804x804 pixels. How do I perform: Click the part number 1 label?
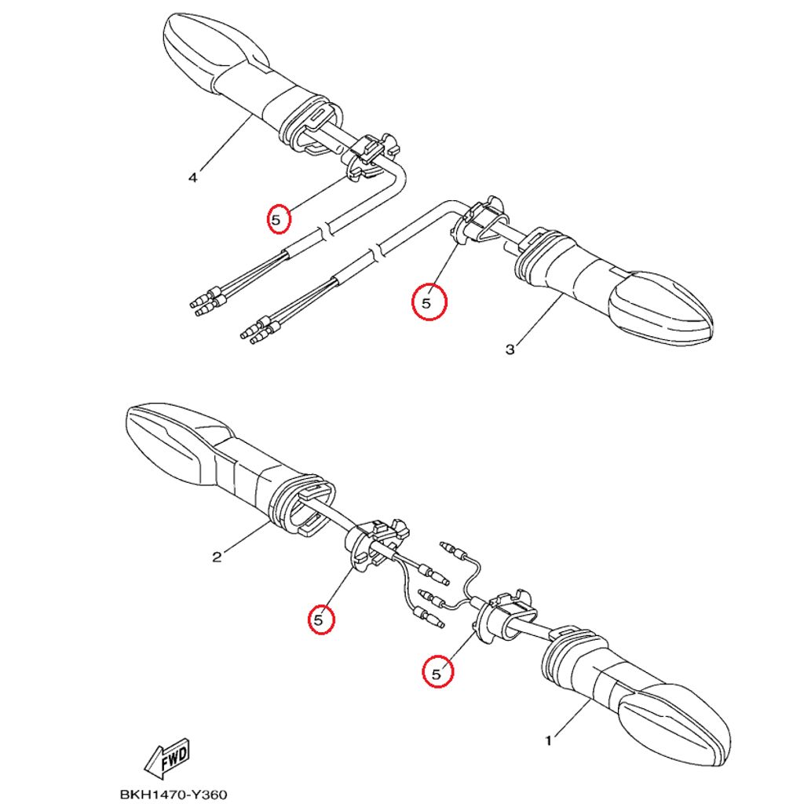coord(548,740)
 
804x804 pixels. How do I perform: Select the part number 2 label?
coord(217,557)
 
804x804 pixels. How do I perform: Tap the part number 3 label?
coord(510,349)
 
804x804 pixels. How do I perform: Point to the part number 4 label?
coord(193,177)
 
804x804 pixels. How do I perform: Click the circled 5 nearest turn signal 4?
coord(276,221)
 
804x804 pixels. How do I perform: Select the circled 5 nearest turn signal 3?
coord(428,302)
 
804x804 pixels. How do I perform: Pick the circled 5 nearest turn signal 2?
coord(320,619)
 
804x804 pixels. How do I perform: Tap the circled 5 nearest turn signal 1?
coord(437,672)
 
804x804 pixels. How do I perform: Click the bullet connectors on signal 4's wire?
coord(206,301)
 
